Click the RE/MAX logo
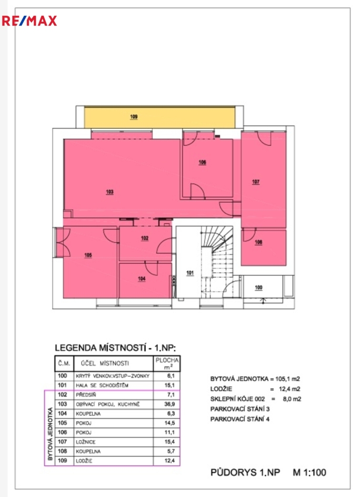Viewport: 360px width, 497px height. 29,21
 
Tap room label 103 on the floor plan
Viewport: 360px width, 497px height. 109,192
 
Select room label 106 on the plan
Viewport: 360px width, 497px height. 202,163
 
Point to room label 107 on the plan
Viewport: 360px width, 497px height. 256,182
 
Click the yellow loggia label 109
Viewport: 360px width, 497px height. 134,116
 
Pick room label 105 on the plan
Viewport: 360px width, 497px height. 88,255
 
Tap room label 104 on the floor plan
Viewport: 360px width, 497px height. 141,279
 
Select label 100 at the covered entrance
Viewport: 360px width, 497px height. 258,287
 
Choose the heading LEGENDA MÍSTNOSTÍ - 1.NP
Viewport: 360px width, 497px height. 116,348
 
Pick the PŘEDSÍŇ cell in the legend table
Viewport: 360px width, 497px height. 87,395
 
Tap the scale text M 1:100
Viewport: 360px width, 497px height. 309,473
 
